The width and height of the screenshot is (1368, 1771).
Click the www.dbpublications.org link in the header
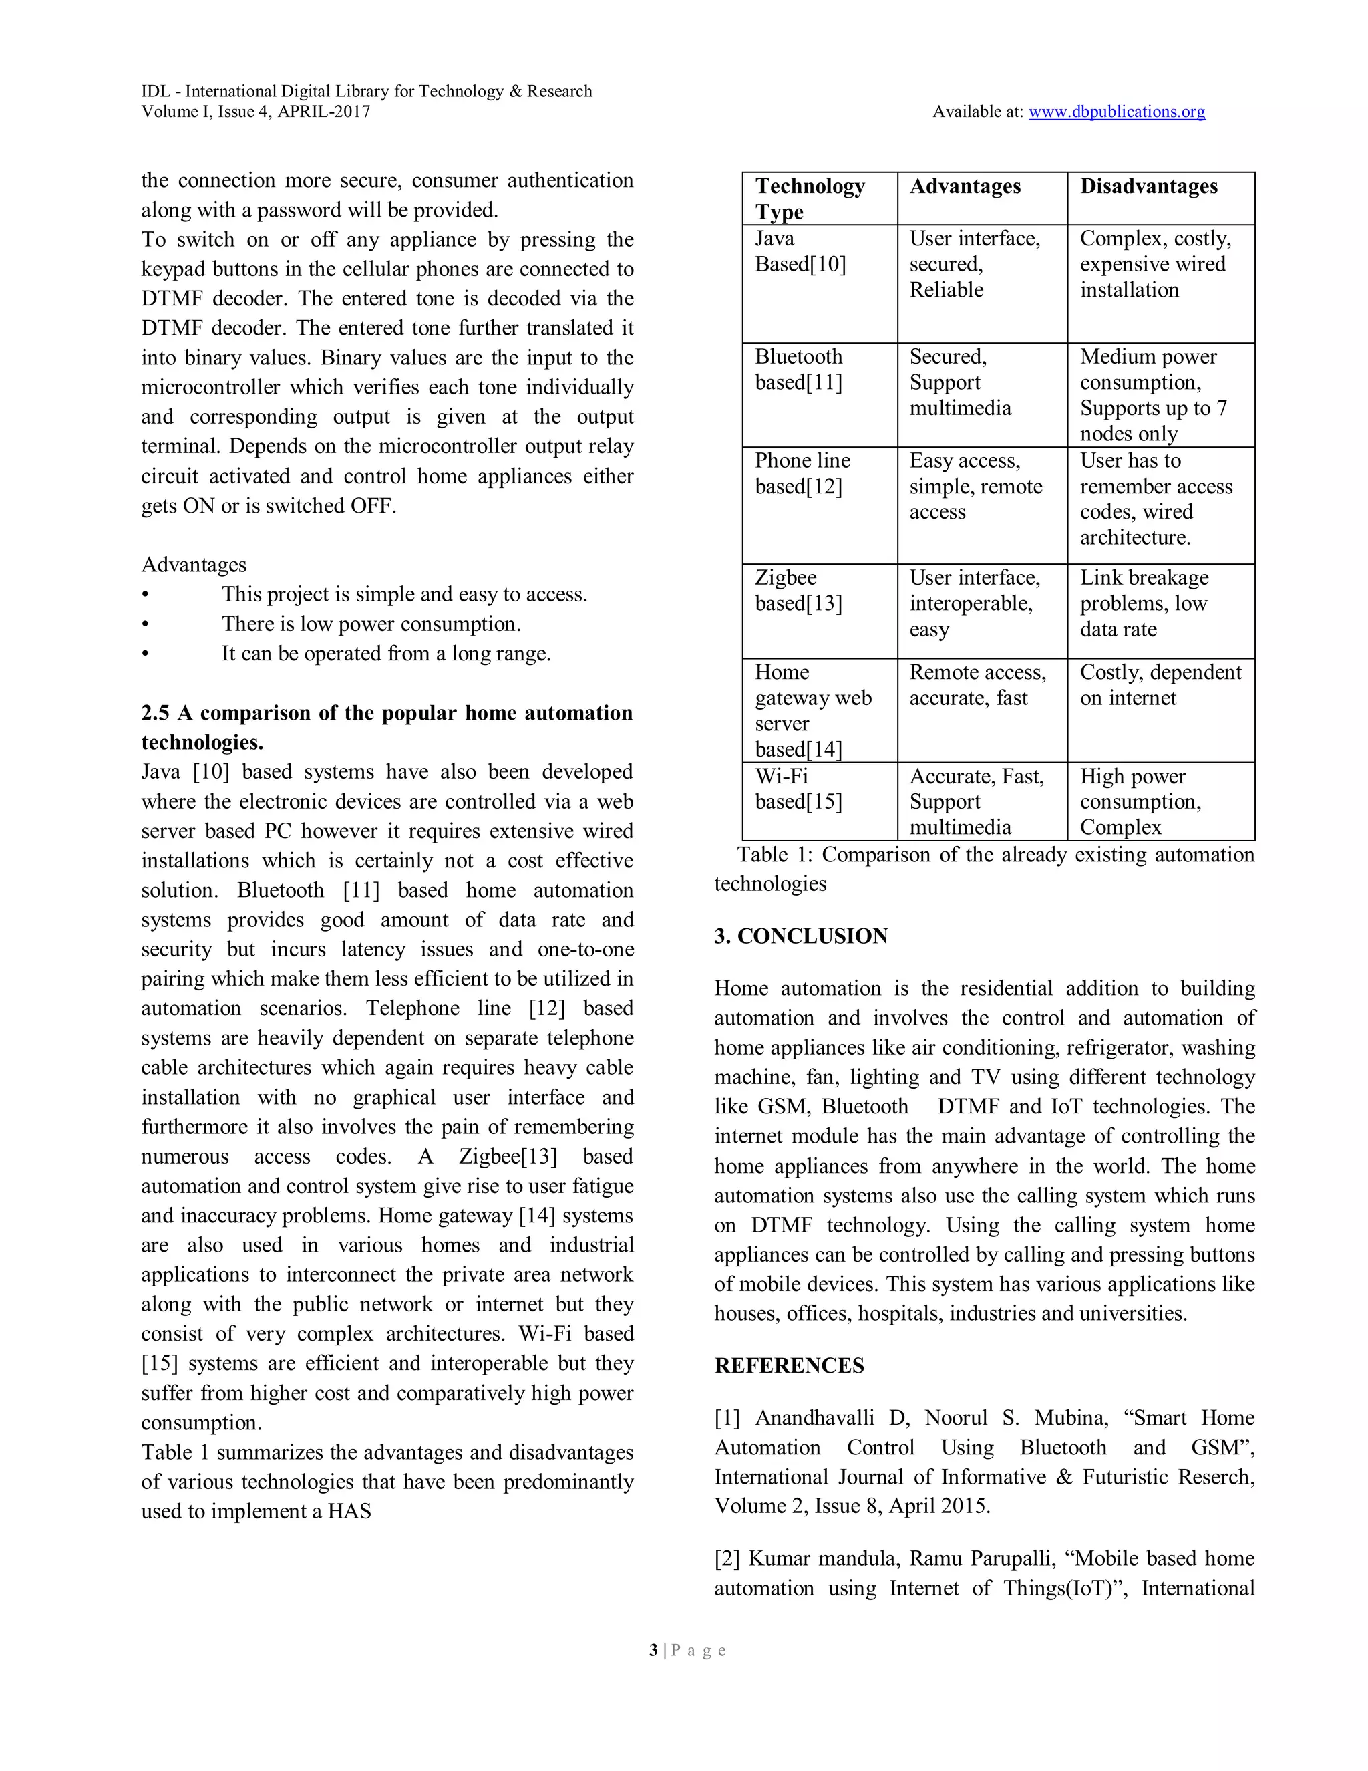[1116, 112]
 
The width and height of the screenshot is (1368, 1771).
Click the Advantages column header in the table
[965, 186]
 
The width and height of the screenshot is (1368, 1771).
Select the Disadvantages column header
[1148, 186]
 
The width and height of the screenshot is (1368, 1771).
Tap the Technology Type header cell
[809, 198]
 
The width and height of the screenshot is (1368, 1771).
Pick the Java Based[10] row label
[800, 251]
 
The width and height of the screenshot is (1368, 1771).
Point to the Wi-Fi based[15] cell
[798, 789]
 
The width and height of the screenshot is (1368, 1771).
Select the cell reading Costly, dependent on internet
[1160, 685]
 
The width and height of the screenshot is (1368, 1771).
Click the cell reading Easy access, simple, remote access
[975, 486]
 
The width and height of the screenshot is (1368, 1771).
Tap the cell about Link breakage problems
[1144, 603]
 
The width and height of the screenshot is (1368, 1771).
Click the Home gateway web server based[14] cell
[812, 710]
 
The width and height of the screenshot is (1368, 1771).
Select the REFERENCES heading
[789, 1365]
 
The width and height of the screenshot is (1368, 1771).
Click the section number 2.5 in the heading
[155, 713]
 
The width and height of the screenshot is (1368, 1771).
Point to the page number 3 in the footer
[653, 1650]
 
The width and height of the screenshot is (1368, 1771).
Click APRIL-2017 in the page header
[323, 112]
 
